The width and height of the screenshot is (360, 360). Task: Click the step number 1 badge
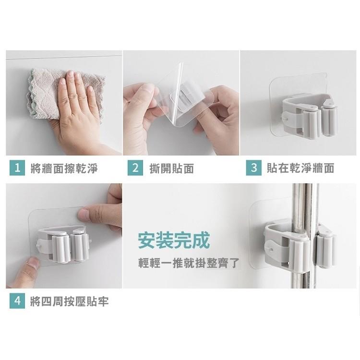pos(17,168)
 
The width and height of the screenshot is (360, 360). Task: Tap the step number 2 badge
pos(135,168)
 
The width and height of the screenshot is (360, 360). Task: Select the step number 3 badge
pos(253,168)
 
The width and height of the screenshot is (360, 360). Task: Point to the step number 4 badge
pos(17,301)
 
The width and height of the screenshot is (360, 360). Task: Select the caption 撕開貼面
pos(172,168)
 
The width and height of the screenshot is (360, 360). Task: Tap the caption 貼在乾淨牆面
pos(300,168)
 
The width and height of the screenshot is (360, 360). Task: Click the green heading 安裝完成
pos(173,240)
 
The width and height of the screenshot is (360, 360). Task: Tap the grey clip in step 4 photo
pos(62,242)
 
